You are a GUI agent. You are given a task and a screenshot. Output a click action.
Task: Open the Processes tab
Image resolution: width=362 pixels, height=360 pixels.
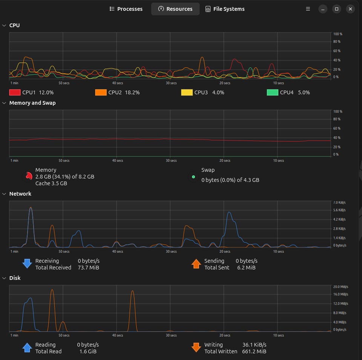pos(126,9)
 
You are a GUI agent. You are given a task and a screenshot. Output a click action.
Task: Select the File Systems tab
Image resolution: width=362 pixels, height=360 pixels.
pos(225,9)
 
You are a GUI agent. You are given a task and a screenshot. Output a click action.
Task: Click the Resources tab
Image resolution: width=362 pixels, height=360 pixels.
pos(175,9)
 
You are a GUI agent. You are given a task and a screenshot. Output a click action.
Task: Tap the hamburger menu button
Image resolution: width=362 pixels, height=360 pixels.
pos(308,9)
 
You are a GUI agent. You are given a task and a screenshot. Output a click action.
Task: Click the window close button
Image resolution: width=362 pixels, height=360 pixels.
pos(350,9)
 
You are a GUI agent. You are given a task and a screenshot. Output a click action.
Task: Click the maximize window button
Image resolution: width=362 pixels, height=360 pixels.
pos(337,9)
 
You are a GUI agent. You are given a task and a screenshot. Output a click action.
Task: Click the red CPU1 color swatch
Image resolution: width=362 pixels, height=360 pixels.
pos(15,92)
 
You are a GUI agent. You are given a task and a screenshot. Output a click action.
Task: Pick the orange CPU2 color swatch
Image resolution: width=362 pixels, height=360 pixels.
pos(101,92)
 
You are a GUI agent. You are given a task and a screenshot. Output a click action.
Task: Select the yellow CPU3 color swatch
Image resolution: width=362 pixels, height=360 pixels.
pos(187,92)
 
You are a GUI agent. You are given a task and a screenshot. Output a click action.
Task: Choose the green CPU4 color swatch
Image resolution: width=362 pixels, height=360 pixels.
pos(272,92)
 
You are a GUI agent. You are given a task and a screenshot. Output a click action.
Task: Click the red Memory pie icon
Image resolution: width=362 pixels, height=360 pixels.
pos(29,176)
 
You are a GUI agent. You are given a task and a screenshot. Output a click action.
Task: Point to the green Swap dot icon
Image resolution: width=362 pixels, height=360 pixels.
pos(193,177)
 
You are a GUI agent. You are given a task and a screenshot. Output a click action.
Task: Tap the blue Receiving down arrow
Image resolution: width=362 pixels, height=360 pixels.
pos(27,264)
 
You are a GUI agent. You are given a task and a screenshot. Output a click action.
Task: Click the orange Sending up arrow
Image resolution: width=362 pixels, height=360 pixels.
pos(196,264)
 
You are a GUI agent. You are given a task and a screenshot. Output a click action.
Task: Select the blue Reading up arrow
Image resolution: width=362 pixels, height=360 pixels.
pos(27,348)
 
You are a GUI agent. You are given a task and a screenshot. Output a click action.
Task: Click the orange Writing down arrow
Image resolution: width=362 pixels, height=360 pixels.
pos(196,348)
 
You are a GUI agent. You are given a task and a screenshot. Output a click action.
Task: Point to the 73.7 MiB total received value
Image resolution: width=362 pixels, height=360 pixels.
pos(88,268)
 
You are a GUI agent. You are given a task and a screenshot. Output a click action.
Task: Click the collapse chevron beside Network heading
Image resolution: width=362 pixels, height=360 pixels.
pos(4,194)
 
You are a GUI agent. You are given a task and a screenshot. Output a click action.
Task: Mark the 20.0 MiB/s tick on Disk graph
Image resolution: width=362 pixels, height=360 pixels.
pos(341,287)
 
